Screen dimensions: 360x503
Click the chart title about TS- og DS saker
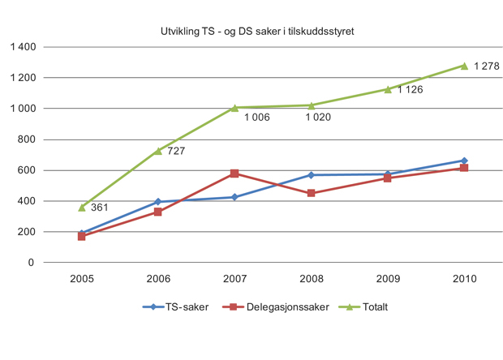256,32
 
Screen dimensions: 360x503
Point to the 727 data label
177,151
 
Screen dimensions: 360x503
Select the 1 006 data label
256,118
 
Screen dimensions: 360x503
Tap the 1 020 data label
318,118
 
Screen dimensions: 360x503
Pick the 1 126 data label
411,90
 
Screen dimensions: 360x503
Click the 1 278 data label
487,65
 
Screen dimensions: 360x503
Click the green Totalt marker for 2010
464,66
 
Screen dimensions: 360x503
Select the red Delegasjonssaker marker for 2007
234,174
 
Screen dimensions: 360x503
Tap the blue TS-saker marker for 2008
311,175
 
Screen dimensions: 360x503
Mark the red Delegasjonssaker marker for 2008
311,193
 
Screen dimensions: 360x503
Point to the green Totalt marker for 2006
158,151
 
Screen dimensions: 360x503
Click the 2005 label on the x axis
81,277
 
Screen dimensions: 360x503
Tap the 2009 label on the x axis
388,277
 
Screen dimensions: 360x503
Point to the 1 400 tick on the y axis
22,47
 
